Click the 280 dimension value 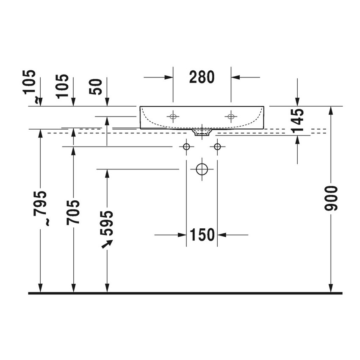click(x=202, y=77)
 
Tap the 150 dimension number click(x=202, y=234)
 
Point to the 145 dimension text click(x=298, y=122)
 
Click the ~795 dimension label click(x=41, y=208)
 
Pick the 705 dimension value click(x=73, y=212)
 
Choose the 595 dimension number click(x=107, y=223)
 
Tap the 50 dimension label click(x=98, y=86)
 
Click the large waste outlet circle click(x=202, y=169)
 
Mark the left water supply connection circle click(x=186, y=147)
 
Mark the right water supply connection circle click(x=217, y=147)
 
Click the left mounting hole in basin click(x=173, y=116)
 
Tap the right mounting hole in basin click(x=231, y=116)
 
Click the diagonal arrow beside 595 click(x=108, y=244)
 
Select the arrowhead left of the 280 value click(x=169, y=77)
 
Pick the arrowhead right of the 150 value click(x=221, y=234)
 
